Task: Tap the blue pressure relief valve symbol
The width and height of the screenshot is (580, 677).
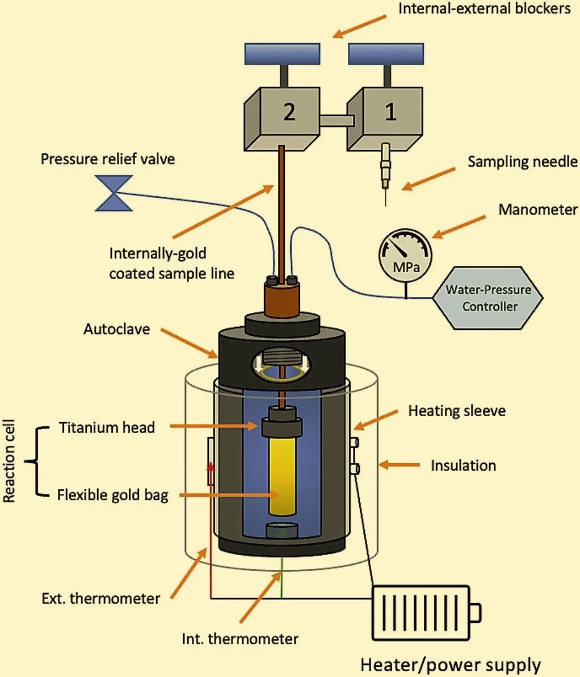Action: pyautogui.click(x=114, y=193)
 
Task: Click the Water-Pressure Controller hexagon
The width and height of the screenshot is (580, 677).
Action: pyautogui.click(x=487, y=298)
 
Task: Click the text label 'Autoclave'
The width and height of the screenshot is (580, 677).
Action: pyautogui.click(x=116, y=329)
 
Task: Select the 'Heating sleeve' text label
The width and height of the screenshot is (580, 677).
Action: pyautogui.click(x=456, y=410)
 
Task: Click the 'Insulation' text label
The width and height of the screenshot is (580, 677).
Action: pyautogui.click(x=463, y=466)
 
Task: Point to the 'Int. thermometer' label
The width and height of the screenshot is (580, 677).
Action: pyautogui.click(x=240, y=639)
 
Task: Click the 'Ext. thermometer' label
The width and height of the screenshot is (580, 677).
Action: pyautogui.click(x=101, y=598)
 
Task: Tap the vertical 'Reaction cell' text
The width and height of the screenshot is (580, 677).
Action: pyautogui.click(x=10, y=461)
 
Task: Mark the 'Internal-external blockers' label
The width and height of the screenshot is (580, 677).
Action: pyautogui.click(x=484, y=9)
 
